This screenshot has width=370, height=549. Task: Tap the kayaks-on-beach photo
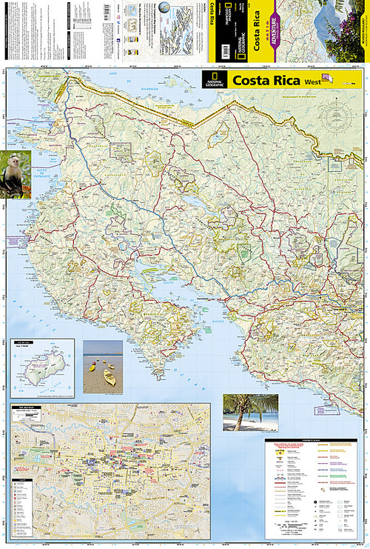[103, 366]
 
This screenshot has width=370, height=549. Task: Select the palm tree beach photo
[250, 412]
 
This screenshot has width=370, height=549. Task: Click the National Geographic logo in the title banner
[215, 79]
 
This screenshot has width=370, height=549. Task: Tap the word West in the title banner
[312, 81]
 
